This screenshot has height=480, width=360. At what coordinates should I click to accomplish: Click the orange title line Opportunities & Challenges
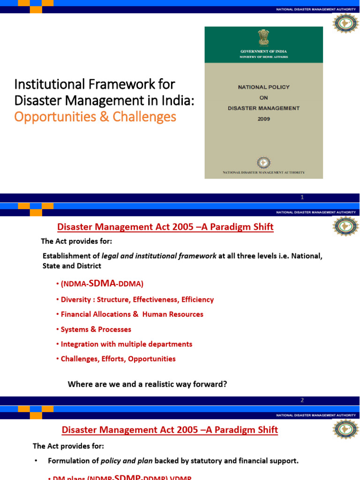tap(95, 116)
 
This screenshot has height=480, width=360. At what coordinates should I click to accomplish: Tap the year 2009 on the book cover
tap(263, 119)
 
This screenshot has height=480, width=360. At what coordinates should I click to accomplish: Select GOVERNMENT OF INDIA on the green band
tap(263, 51)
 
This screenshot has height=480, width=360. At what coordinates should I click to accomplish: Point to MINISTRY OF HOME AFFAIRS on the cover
tap(263, 57)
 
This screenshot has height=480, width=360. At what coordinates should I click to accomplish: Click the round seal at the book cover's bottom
tap(263, 163)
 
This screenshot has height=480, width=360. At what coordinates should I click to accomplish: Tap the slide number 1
tap(302, 198)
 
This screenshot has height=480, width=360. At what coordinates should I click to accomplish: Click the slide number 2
tap(302, 400)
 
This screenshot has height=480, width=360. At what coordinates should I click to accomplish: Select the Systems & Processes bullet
tap(96, 330)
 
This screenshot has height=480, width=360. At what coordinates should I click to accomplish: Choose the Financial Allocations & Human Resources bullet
tap(132, 315)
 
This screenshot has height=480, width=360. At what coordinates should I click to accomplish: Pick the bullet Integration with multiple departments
tap(126, 345)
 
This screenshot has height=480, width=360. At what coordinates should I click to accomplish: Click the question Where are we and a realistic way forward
tap(147, 384)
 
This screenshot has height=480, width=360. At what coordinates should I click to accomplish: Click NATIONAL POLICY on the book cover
tap(263, 87)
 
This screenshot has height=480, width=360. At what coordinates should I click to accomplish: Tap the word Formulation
tap(69, 461)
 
